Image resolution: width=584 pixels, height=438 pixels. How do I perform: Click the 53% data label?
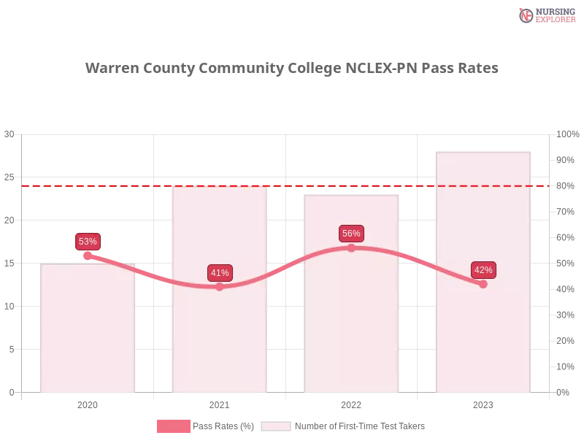(x=88, y=242)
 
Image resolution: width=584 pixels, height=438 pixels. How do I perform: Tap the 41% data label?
(x=220, y=273)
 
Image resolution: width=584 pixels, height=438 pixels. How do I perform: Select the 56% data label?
(x=351, y=234)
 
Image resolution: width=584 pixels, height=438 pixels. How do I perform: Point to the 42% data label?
(x=483, y=270)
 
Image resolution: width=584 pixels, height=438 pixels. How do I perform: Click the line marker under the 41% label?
(x=220, y=287)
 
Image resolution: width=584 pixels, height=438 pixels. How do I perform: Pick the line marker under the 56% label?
(x=351, y=248)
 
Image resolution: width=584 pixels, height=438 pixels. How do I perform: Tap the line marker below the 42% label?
(x=483, y=284)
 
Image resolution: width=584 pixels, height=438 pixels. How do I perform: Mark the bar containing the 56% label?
(x=353, y=328)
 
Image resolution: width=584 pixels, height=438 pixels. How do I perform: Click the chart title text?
(x=292, y=69)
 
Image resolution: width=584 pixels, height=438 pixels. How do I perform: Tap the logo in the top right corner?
(x=545, y=15)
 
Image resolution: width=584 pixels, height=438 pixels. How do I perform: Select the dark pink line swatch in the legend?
(x=173, y=426)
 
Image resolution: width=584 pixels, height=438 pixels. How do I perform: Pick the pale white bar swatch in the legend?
(x=276, y=426)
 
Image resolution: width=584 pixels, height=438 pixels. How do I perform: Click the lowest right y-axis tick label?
(x=564, y=391)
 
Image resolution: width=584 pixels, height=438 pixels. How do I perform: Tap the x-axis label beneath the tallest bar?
(x=483, y=404)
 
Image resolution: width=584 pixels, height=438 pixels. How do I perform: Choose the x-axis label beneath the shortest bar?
(x=88, y=404)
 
